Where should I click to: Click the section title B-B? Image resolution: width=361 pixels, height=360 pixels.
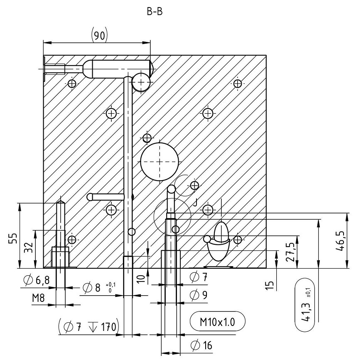[x=154, y=12]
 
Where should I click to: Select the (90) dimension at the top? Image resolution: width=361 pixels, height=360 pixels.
[x=99, y=35]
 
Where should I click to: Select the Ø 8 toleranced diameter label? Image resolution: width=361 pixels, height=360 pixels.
[x=96, y=288]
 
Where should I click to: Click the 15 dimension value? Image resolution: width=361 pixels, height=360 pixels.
[x=271, y=285]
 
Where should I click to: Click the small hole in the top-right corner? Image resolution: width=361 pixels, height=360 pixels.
[x=237, y=83]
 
